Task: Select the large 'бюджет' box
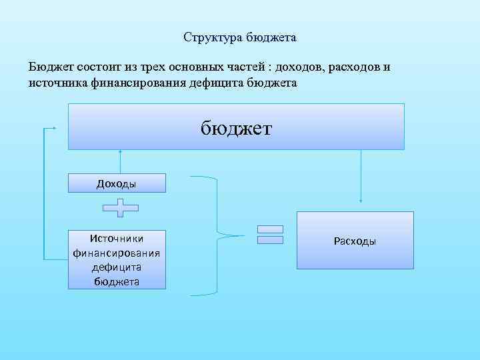pos(236,127)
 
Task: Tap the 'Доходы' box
pos(117,183)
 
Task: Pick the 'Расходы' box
pos(355,241)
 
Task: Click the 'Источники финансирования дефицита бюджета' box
pos(117,259)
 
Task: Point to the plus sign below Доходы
pos(121,208)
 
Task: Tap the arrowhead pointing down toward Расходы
pos(361,199)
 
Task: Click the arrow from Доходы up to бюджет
pos(121,161)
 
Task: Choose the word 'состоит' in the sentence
pos(99,68)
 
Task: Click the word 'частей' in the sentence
pos(248,68)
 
